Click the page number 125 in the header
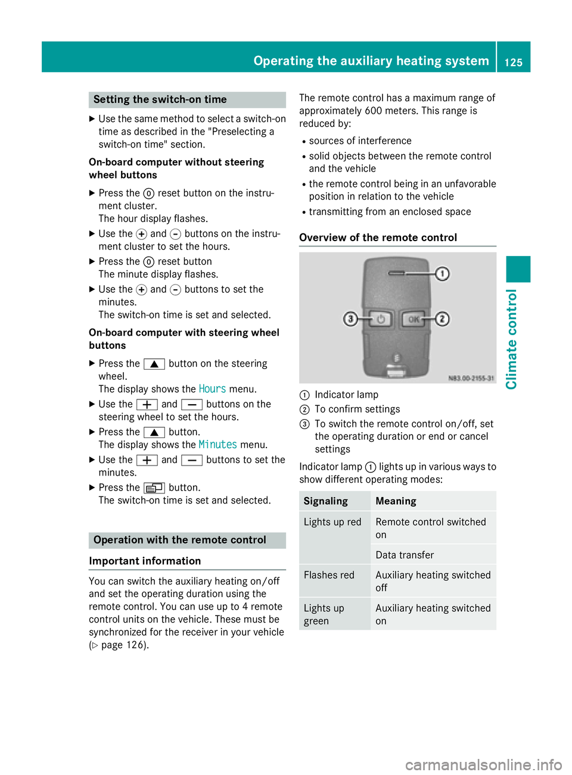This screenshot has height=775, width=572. click(514, 62)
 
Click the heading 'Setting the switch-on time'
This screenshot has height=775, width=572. click(160, 99)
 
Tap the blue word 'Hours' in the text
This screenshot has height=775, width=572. click(212, 389)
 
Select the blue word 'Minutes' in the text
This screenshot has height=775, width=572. click(217, 445)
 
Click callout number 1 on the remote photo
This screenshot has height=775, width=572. click(442, 274)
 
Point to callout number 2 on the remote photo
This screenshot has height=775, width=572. click(442, 319)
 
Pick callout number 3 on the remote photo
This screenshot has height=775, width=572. click(350, 319)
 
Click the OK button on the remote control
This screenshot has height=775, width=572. click(413, 319)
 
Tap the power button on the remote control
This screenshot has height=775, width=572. click(380, 319)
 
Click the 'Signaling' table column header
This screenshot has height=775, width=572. click(326, 501)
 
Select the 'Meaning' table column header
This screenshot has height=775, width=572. click(396, 501)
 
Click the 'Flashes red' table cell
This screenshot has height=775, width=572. click(329, 575)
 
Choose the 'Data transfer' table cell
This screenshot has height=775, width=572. click(405, 555)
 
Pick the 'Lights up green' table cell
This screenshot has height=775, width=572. click(324, 614)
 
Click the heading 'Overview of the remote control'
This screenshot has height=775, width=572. click(378, 237)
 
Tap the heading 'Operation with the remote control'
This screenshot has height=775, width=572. click(180, 540)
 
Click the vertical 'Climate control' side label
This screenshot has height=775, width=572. click(511, 339)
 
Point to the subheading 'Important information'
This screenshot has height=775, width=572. click(145, 561)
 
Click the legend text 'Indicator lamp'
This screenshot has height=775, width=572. click(346, 395)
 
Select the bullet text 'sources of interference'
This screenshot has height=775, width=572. click(360, 141)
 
